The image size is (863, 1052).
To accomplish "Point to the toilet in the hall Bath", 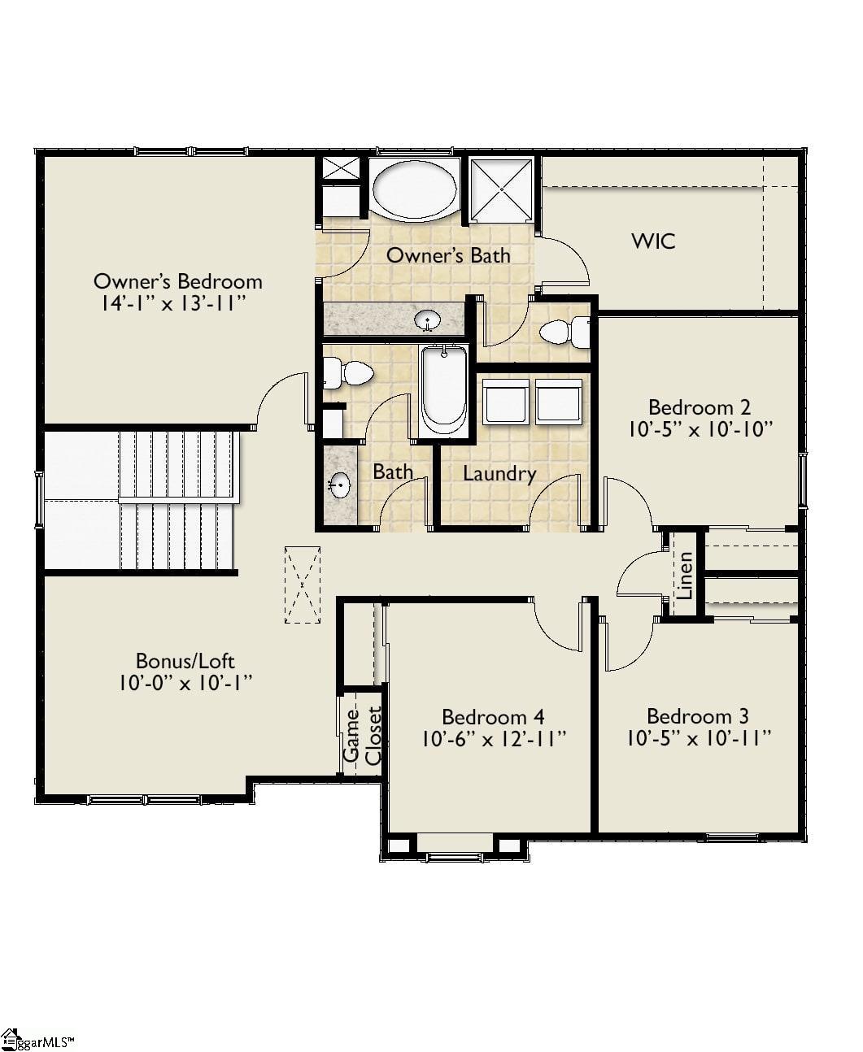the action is point(348,373).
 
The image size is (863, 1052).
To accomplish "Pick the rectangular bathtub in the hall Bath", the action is point(444,390).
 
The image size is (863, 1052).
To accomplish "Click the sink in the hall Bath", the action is point(340,485).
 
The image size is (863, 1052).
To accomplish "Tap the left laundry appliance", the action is point(506,402).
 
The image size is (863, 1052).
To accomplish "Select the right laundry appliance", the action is point(559,402).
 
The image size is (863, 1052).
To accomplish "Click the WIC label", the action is point(653,241).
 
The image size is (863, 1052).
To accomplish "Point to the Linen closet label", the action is point(685,575).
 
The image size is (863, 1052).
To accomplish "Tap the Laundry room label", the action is point(499,473).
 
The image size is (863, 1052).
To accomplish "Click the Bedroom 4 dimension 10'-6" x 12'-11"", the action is point(495,739).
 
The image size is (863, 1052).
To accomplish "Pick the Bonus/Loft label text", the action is point(185,661).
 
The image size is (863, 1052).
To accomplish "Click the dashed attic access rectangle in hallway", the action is point(303,585).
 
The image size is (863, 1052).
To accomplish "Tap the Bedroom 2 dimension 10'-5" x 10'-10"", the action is point(700,429).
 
